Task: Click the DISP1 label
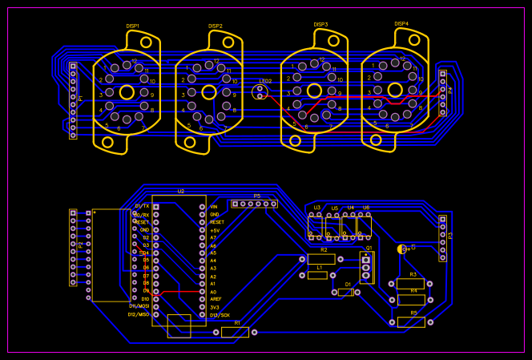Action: (133, 26)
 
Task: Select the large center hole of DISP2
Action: (208, 94)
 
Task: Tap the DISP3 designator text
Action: (320, 25)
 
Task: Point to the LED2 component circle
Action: (260, 92)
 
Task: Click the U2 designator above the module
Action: (181, 192)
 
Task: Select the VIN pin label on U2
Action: (214, 207)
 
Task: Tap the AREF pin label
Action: (215, 299)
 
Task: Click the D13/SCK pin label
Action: (220, 315)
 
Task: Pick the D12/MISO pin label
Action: (139, 314)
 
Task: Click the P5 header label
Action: (257, 196)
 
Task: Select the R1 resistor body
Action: (235, 332)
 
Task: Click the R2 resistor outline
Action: (321, 259)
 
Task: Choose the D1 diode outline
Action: (345, 292)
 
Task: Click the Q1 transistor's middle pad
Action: (366, 268)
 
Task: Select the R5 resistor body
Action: (411, 322)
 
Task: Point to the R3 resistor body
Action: (410, 284)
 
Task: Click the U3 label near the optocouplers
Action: (317, 208)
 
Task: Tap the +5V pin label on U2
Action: (214, 230)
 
